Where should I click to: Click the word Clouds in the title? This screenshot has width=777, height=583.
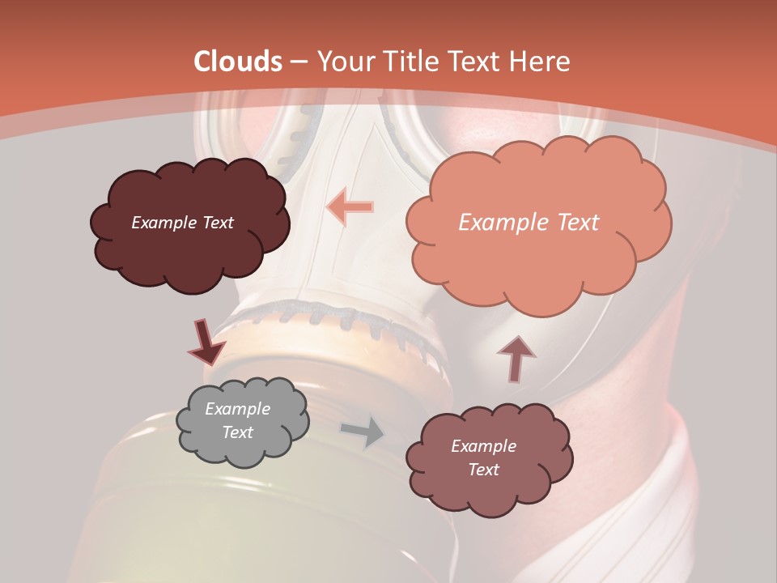(238, 62)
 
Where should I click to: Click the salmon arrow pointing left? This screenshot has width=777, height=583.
(350, 207)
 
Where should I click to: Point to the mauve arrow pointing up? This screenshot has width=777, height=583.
(516, 359)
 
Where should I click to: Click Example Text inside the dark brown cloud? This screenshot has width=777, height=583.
(182, 223)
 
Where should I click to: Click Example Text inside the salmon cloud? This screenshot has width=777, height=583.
(529, 223)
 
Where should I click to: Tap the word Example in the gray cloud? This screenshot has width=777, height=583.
(237, 409)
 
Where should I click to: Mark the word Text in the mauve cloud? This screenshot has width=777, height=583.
(483, 470)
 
